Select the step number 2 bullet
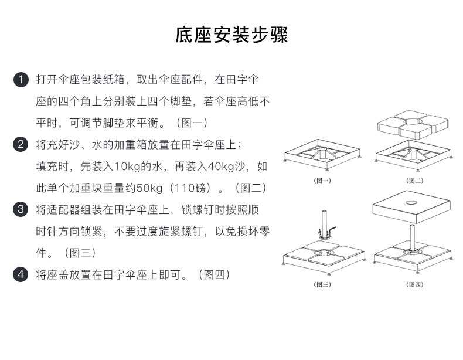click(21, 144)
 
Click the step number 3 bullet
click(21, 209)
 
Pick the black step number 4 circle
click(21, 274)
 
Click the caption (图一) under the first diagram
click(322, 181)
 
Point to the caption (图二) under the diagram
click(414, 181)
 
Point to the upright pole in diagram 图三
click(321, 223)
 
